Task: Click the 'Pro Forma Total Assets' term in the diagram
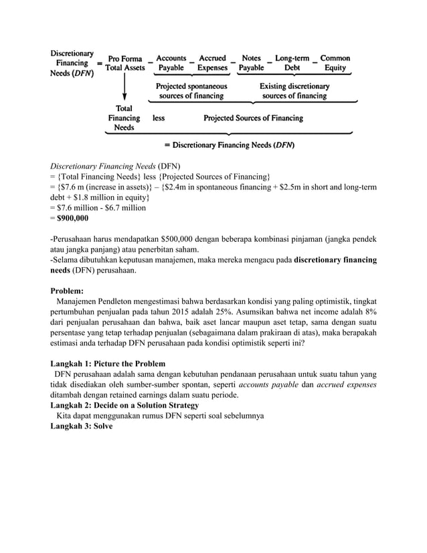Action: tap(125, 64)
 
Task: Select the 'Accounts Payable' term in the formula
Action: tap(171, 63)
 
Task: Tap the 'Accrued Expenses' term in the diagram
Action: tap(212, 63)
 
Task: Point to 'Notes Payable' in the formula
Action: tap(251, 63)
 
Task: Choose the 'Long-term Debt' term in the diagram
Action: tap(292, 63)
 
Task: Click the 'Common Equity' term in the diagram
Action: tap(335, 63)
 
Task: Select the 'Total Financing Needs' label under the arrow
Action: tap(124, 118)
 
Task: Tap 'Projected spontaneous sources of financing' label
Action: tap(191, 91)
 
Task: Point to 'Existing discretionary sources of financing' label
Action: tap(294, 91)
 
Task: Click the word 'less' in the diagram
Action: tap(159, 118)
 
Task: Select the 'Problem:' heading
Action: tap(68, 291)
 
